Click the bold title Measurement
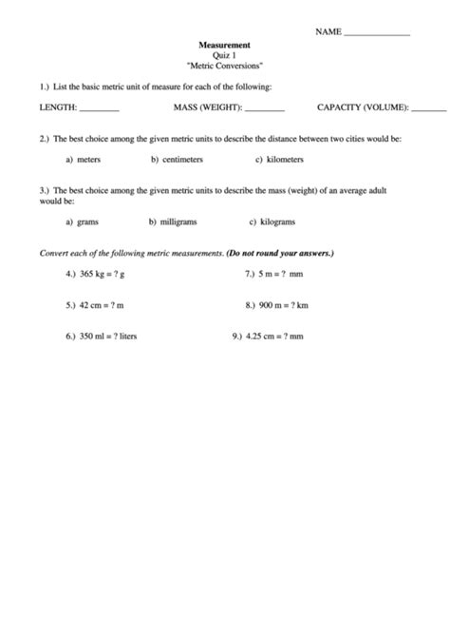pos(224,46)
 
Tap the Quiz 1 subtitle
pos(224,56)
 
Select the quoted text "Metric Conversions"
pos(224,67)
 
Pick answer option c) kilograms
pos(272,222)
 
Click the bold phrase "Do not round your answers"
pos(279,254)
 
